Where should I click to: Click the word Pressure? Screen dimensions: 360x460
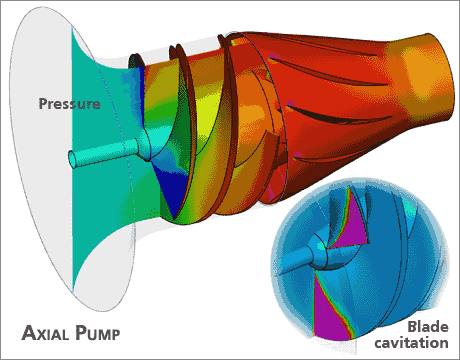(69, 103)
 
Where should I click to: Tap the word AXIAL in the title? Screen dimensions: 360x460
(51, 331)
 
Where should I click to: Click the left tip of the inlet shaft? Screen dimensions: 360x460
(71, 158)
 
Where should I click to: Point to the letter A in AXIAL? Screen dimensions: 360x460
(31, 331)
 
